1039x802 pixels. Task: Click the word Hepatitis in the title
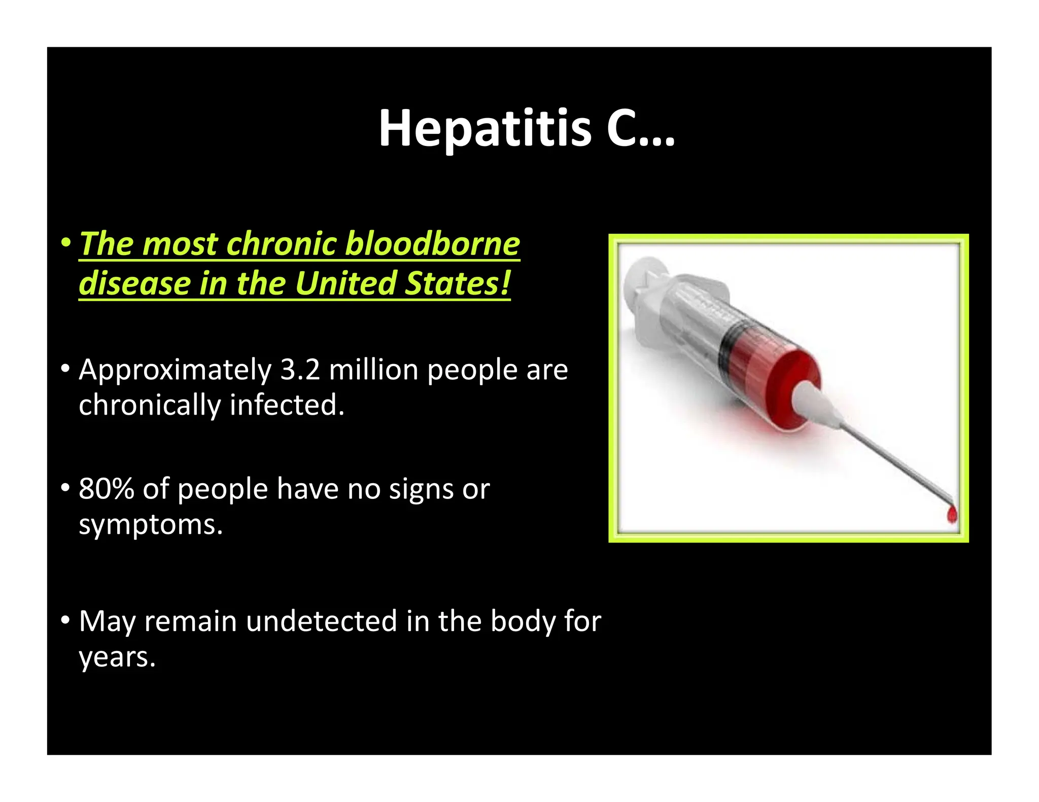(x=485, y=129)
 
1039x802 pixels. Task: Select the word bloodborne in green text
(x=432, y=244)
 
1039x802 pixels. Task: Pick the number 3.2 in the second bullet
(x=300, y=370)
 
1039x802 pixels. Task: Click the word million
(x=373, y=370)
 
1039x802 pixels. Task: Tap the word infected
(x=287, y=405)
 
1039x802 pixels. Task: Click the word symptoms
(x=150, y=525)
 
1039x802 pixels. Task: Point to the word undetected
(x=321, y=622)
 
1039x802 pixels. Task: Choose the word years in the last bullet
(x=116, y=658)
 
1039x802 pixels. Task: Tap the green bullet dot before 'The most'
(x=65, y=243)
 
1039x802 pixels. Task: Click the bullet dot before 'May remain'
(x=65, y=620)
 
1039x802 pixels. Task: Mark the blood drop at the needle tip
(x=952, y=515)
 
